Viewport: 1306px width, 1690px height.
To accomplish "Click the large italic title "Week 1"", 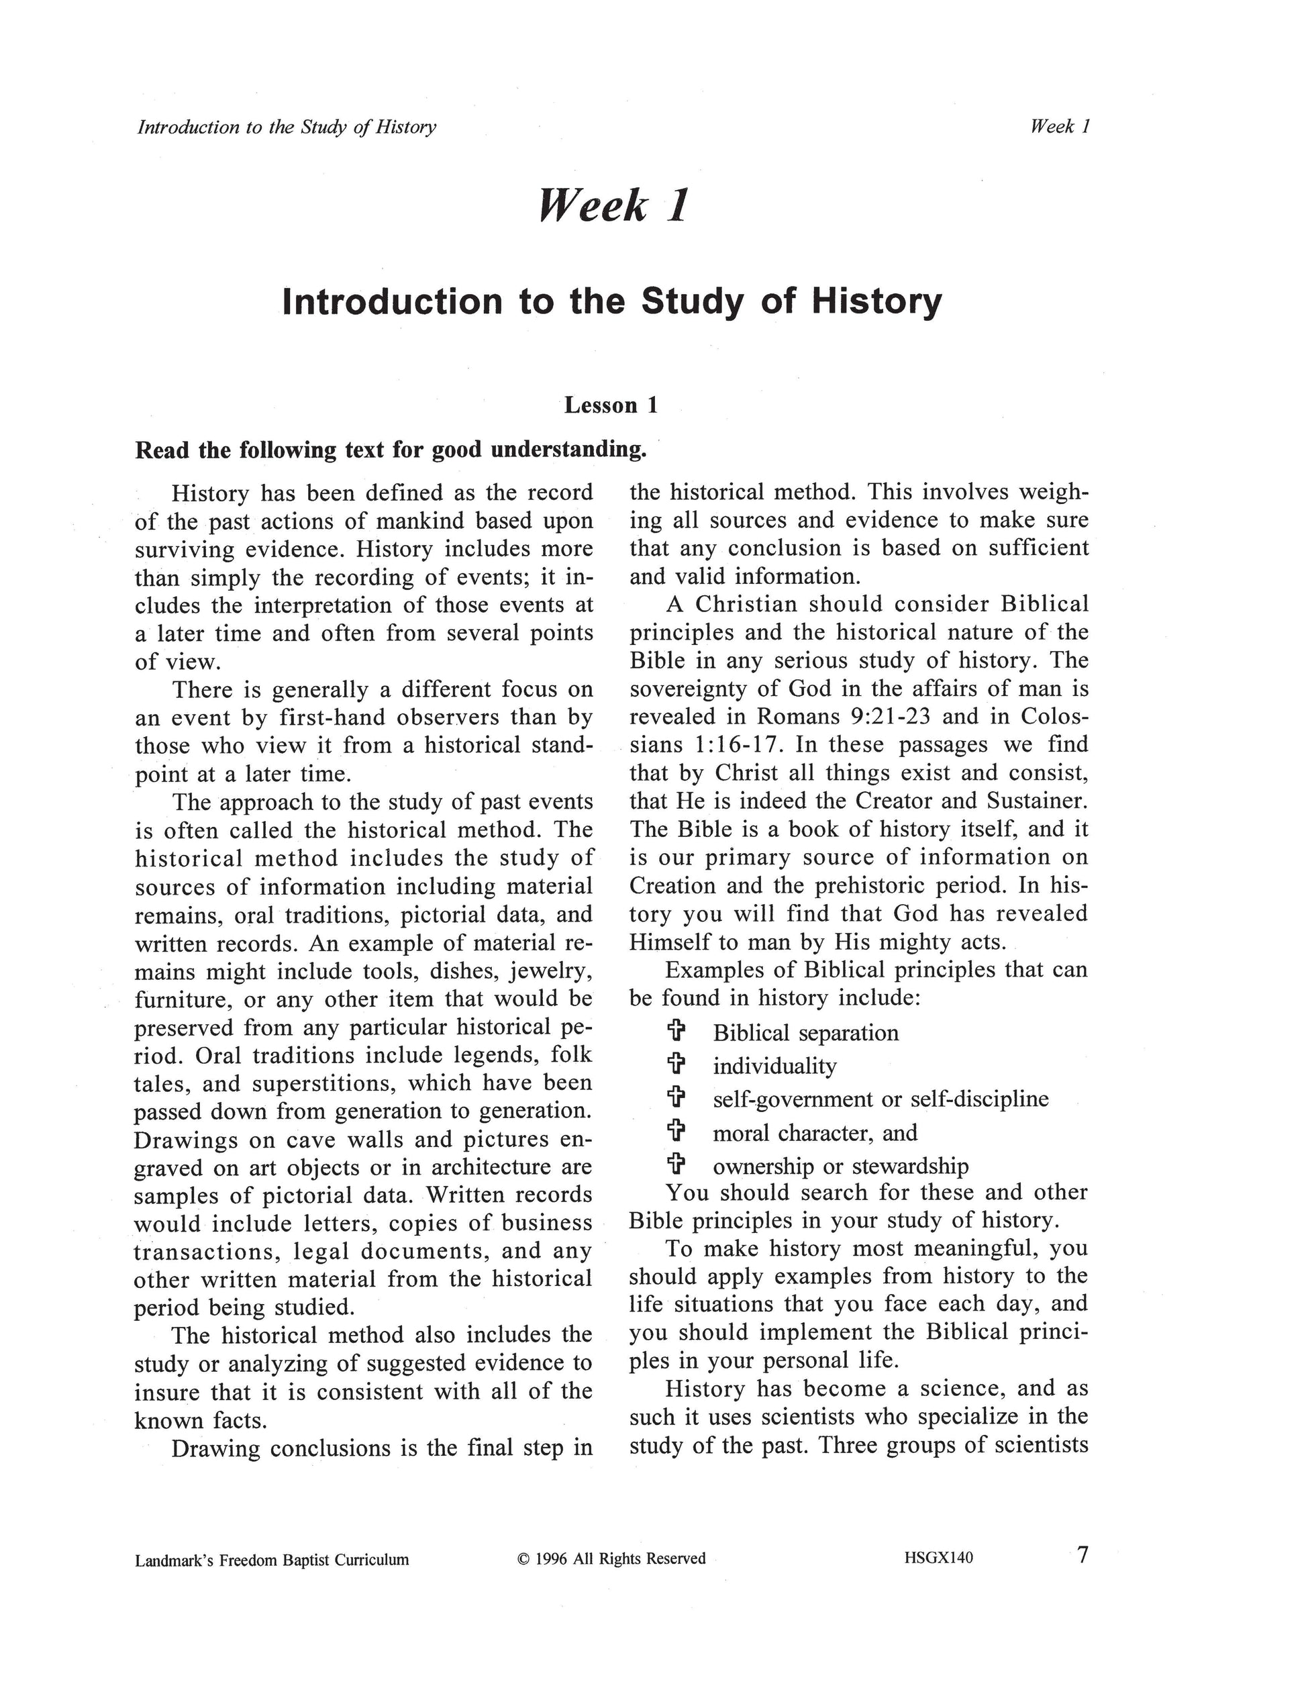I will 613,206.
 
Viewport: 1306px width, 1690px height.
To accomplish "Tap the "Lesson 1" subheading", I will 611,405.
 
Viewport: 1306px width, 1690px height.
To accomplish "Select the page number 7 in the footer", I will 1083,1554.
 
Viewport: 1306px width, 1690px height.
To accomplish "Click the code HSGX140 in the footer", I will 938,1558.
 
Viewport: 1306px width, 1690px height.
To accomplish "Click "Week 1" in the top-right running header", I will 1060,127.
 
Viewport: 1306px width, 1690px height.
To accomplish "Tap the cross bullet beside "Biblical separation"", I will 676,1032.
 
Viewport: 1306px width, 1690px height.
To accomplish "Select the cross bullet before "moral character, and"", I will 676,1132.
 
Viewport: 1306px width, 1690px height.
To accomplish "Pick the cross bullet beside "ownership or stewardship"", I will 676,1164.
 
